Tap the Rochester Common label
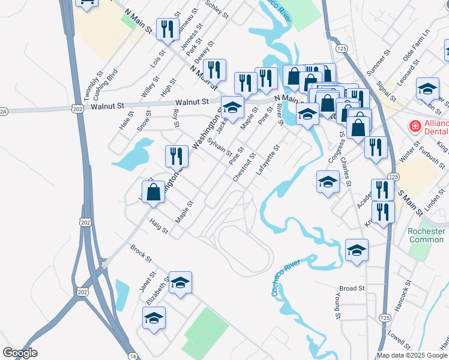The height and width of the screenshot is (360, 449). [426, 235]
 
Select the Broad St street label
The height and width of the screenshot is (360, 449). [352, 288]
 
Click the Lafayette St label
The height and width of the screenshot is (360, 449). [268, 160]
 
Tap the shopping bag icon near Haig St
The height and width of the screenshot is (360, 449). [154, 192]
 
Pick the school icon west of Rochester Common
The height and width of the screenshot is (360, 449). [357, 250]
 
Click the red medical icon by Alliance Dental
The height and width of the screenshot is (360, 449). [414, 126]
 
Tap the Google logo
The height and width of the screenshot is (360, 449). [20, 353]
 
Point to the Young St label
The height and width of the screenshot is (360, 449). [337, 307]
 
